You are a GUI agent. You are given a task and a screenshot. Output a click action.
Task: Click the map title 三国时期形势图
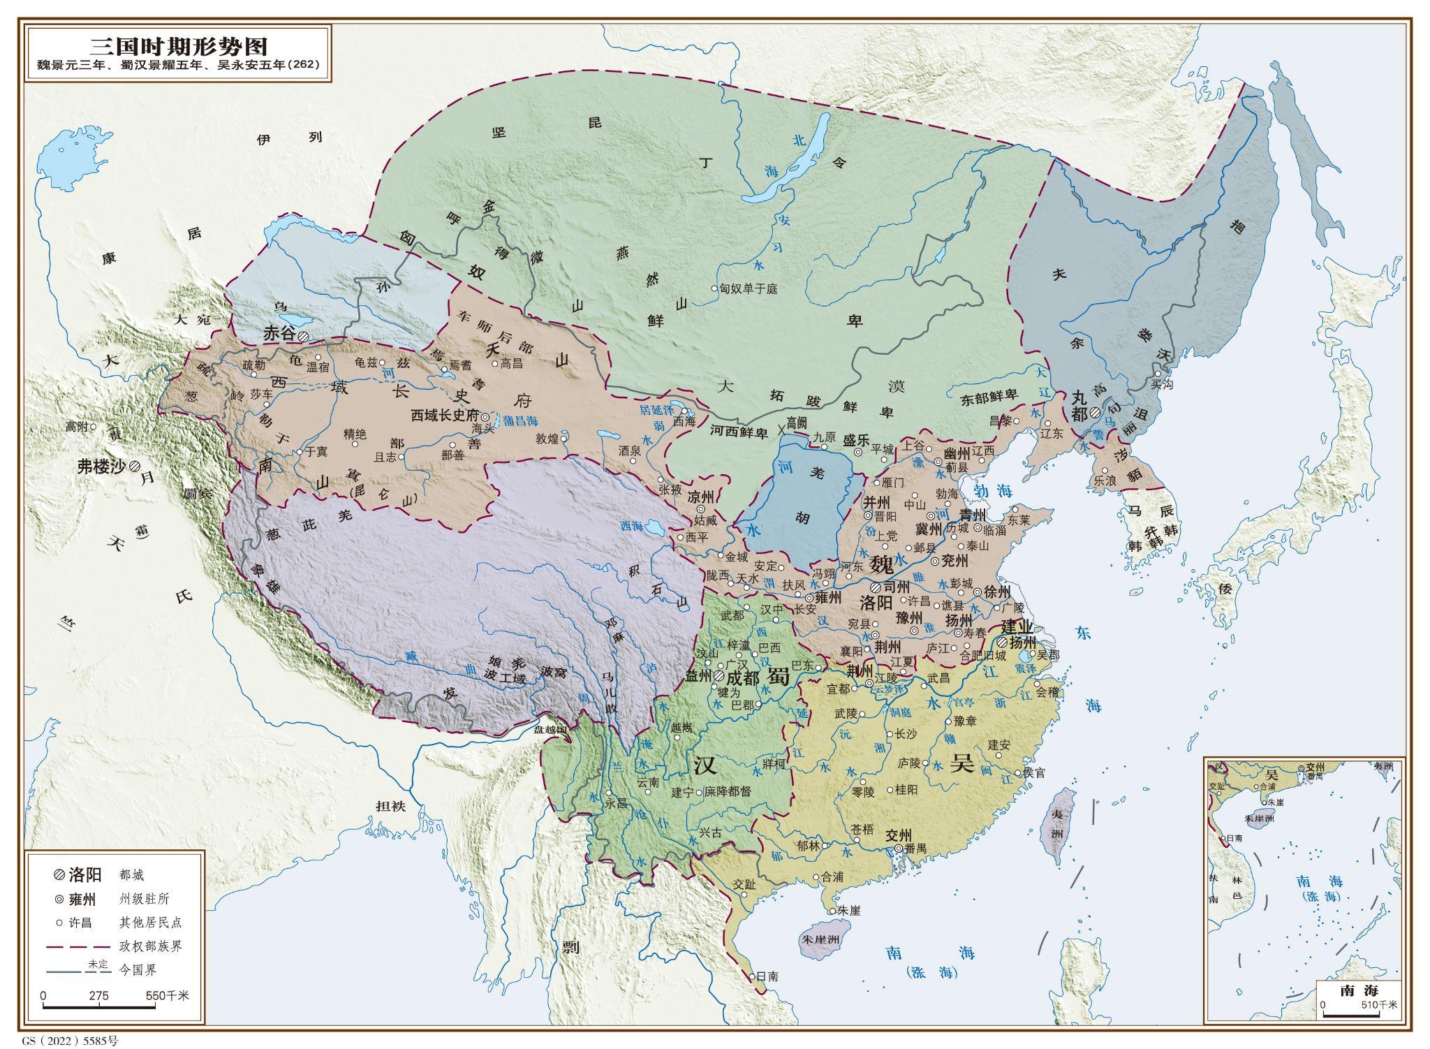click(x=179, y=47)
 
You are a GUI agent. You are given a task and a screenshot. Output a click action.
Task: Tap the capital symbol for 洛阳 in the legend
click(x=60, y=874)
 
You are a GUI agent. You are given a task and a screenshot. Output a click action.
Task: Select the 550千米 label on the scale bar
click(x=168, y=995)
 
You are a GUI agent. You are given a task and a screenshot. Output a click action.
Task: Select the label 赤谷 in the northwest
click(x=279, y=334)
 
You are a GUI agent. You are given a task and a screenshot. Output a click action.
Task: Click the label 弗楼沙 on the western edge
click(x=101, y=467)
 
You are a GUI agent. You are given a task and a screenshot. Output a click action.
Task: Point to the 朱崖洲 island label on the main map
click(x=826, y=939)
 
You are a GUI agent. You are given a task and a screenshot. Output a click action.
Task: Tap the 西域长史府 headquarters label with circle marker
click(x=445, y=415)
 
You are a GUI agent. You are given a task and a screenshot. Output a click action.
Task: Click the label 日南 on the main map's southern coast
click(x=767, y=976)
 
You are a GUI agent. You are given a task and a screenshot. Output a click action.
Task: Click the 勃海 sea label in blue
click(x=994, y=492)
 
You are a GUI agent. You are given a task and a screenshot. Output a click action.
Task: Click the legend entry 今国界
click(x=138, y=970)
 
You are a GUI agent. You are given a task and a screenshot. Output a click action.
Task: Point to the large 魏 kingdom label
click(x=881, y=563)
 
